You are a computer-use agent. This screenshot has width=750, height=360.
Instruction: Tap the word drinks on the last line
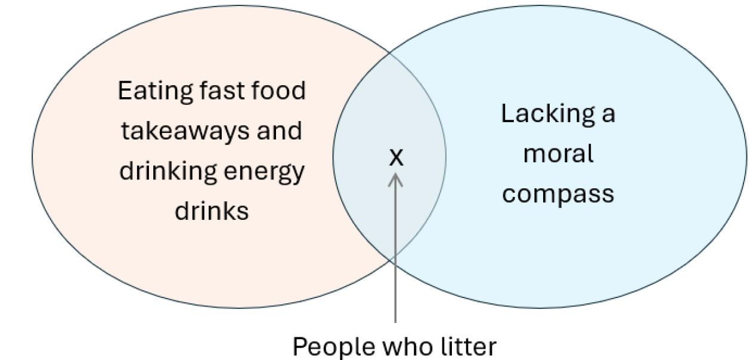tap(212, 211)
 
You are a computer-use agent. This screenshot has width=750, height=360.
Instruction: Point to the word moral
tap(558, 154)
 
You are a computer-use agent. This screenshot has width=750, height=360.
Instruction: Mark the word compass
tap(558, 195)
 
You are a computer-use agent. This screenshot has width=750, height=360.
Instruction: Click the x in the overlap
tap(396, 157)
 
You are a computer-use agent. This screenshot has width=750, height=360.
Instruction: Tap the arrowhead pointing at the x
tap(396, 178)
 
